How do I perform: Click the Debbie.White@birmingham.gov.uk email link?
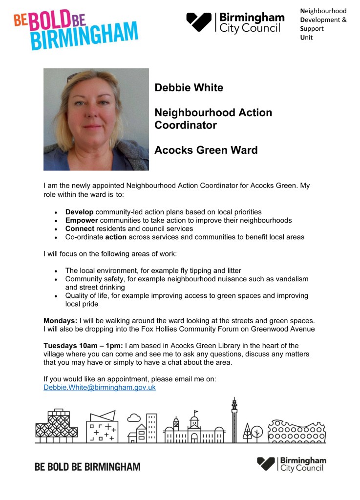click(x=100, y=387)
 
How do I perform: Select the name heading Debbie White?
click(x=189, y=88)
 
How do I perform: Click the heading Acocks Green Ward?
click(x=206, y=150)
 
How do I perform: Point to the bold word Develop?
click(x=80, y=212)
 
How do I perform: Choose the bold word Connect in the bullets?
click(x=80, y=229)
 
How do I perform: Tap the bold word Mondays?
click(x=61, y=320)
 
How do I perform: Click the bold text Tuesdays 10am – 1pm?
click(x=83, y=346)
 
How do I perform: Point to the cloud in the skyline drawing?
click(x=133, y=417)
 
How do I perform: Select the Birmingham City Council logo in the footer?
click(x=292, y=464)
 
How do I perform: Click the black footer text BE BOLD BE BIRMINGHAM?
click(x=87, y=466)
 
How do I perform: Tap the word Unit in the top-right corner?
click(x=306, y=38)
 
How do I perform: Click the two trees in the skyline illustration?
click(x=253, y=432)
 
